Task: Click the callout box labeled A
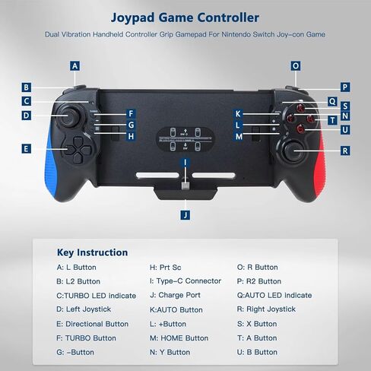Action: coord(75,66)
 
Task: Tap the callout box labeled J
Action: coord(185,215)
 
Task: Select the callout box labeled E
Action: coord(27,149)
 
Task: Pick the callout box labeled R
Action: coord(345,151)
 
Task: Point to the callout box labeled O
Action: coord(296,66)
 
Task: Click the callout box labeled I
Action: coord(185,163)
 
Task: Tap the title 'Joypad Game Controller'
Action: coord(185,17)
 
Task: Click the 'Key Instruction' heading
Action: coord(92,252)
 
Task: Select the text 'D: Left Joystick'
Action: coord(84,309)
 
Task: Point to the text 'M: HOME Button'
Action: coord(179,338)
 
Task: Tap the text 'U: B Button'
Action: coord(257,352)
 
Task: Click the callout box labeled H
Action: coord(131,136)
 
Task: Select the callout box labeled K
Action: coord(238,113)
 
